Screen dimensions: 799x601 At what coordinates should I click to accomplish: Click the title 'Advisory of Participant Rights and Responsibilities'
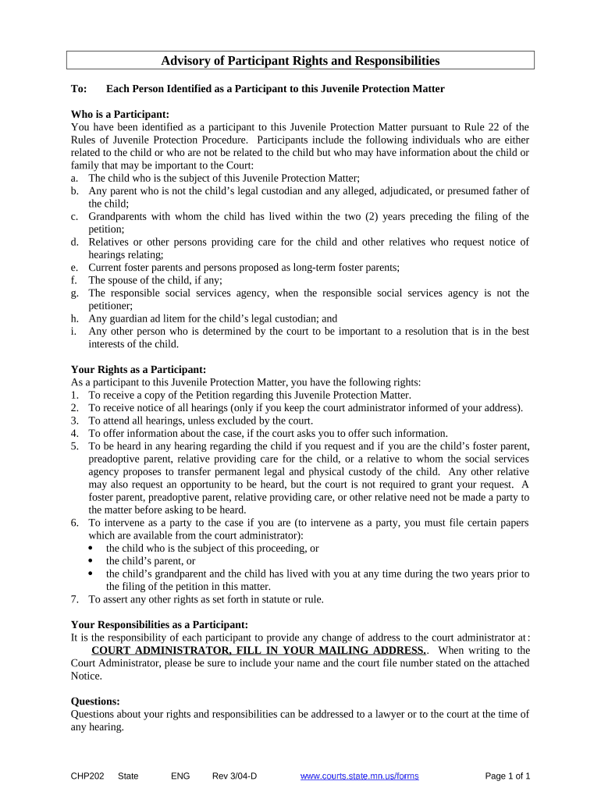300,61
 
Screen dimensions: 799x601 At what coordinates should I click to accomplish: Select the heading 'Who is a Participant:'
120,114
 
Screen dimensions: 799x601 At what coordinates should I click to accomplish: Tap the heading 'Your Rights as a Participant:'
138,369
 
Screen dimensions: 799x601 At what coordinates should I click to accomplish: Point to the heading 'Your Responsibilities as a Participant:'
159,624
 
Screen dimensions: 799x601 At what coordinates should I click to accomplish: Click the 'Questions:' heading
95,701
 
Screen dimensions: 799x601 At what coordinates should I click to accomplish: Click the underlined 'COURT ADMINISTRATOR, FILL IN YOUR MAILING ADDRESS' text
258,650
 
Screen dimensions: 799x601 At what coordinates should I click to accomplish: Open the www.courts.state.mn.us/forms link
360,776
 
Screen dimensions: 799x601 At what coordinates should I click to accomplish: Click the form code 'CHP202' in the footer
87,776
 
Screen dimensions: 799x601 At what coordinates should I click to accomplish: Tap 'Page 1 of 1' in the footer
508,776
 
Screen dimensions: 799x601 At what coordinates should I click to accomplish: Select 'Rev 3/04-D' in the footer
234,776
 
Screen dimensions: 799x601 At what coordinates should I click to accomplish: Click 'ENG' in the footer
180,776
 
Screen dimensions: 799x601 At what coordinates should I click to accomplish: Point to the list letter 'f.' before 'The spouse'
74,280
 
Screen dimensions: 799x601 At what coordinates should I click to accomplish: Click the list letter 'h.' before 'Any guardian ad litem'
75,318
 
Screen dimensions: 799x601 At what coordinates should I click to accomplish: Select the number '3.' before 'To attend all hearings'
75,421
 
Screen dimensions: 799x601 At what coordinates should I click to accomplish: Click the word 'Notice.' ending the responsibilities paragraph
87,676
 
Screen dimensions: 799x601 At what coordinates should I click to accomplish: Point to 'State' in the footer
128,776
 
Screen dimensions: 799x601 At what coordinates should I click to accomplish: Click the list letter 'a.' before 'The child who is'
75,178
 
